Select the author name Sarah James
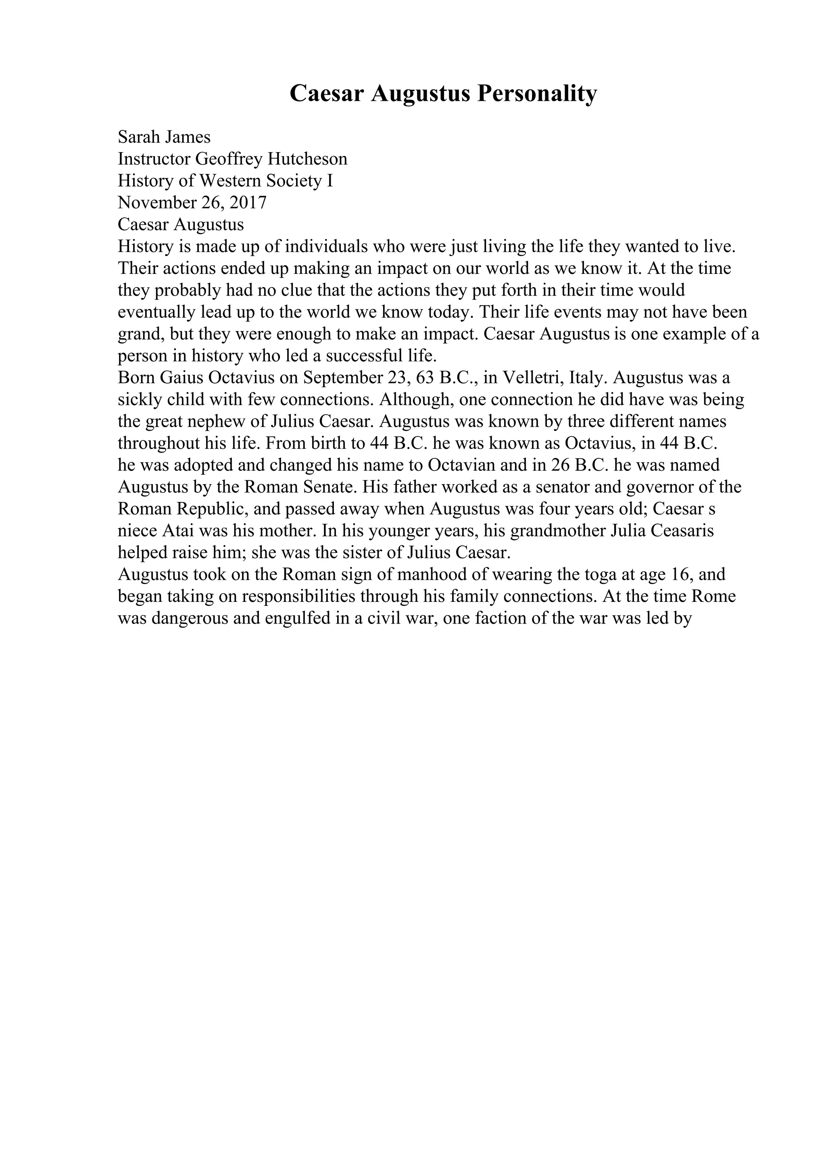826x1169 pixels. tap(164, 137)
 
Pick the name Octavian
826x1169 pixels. tap(459, 466)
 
